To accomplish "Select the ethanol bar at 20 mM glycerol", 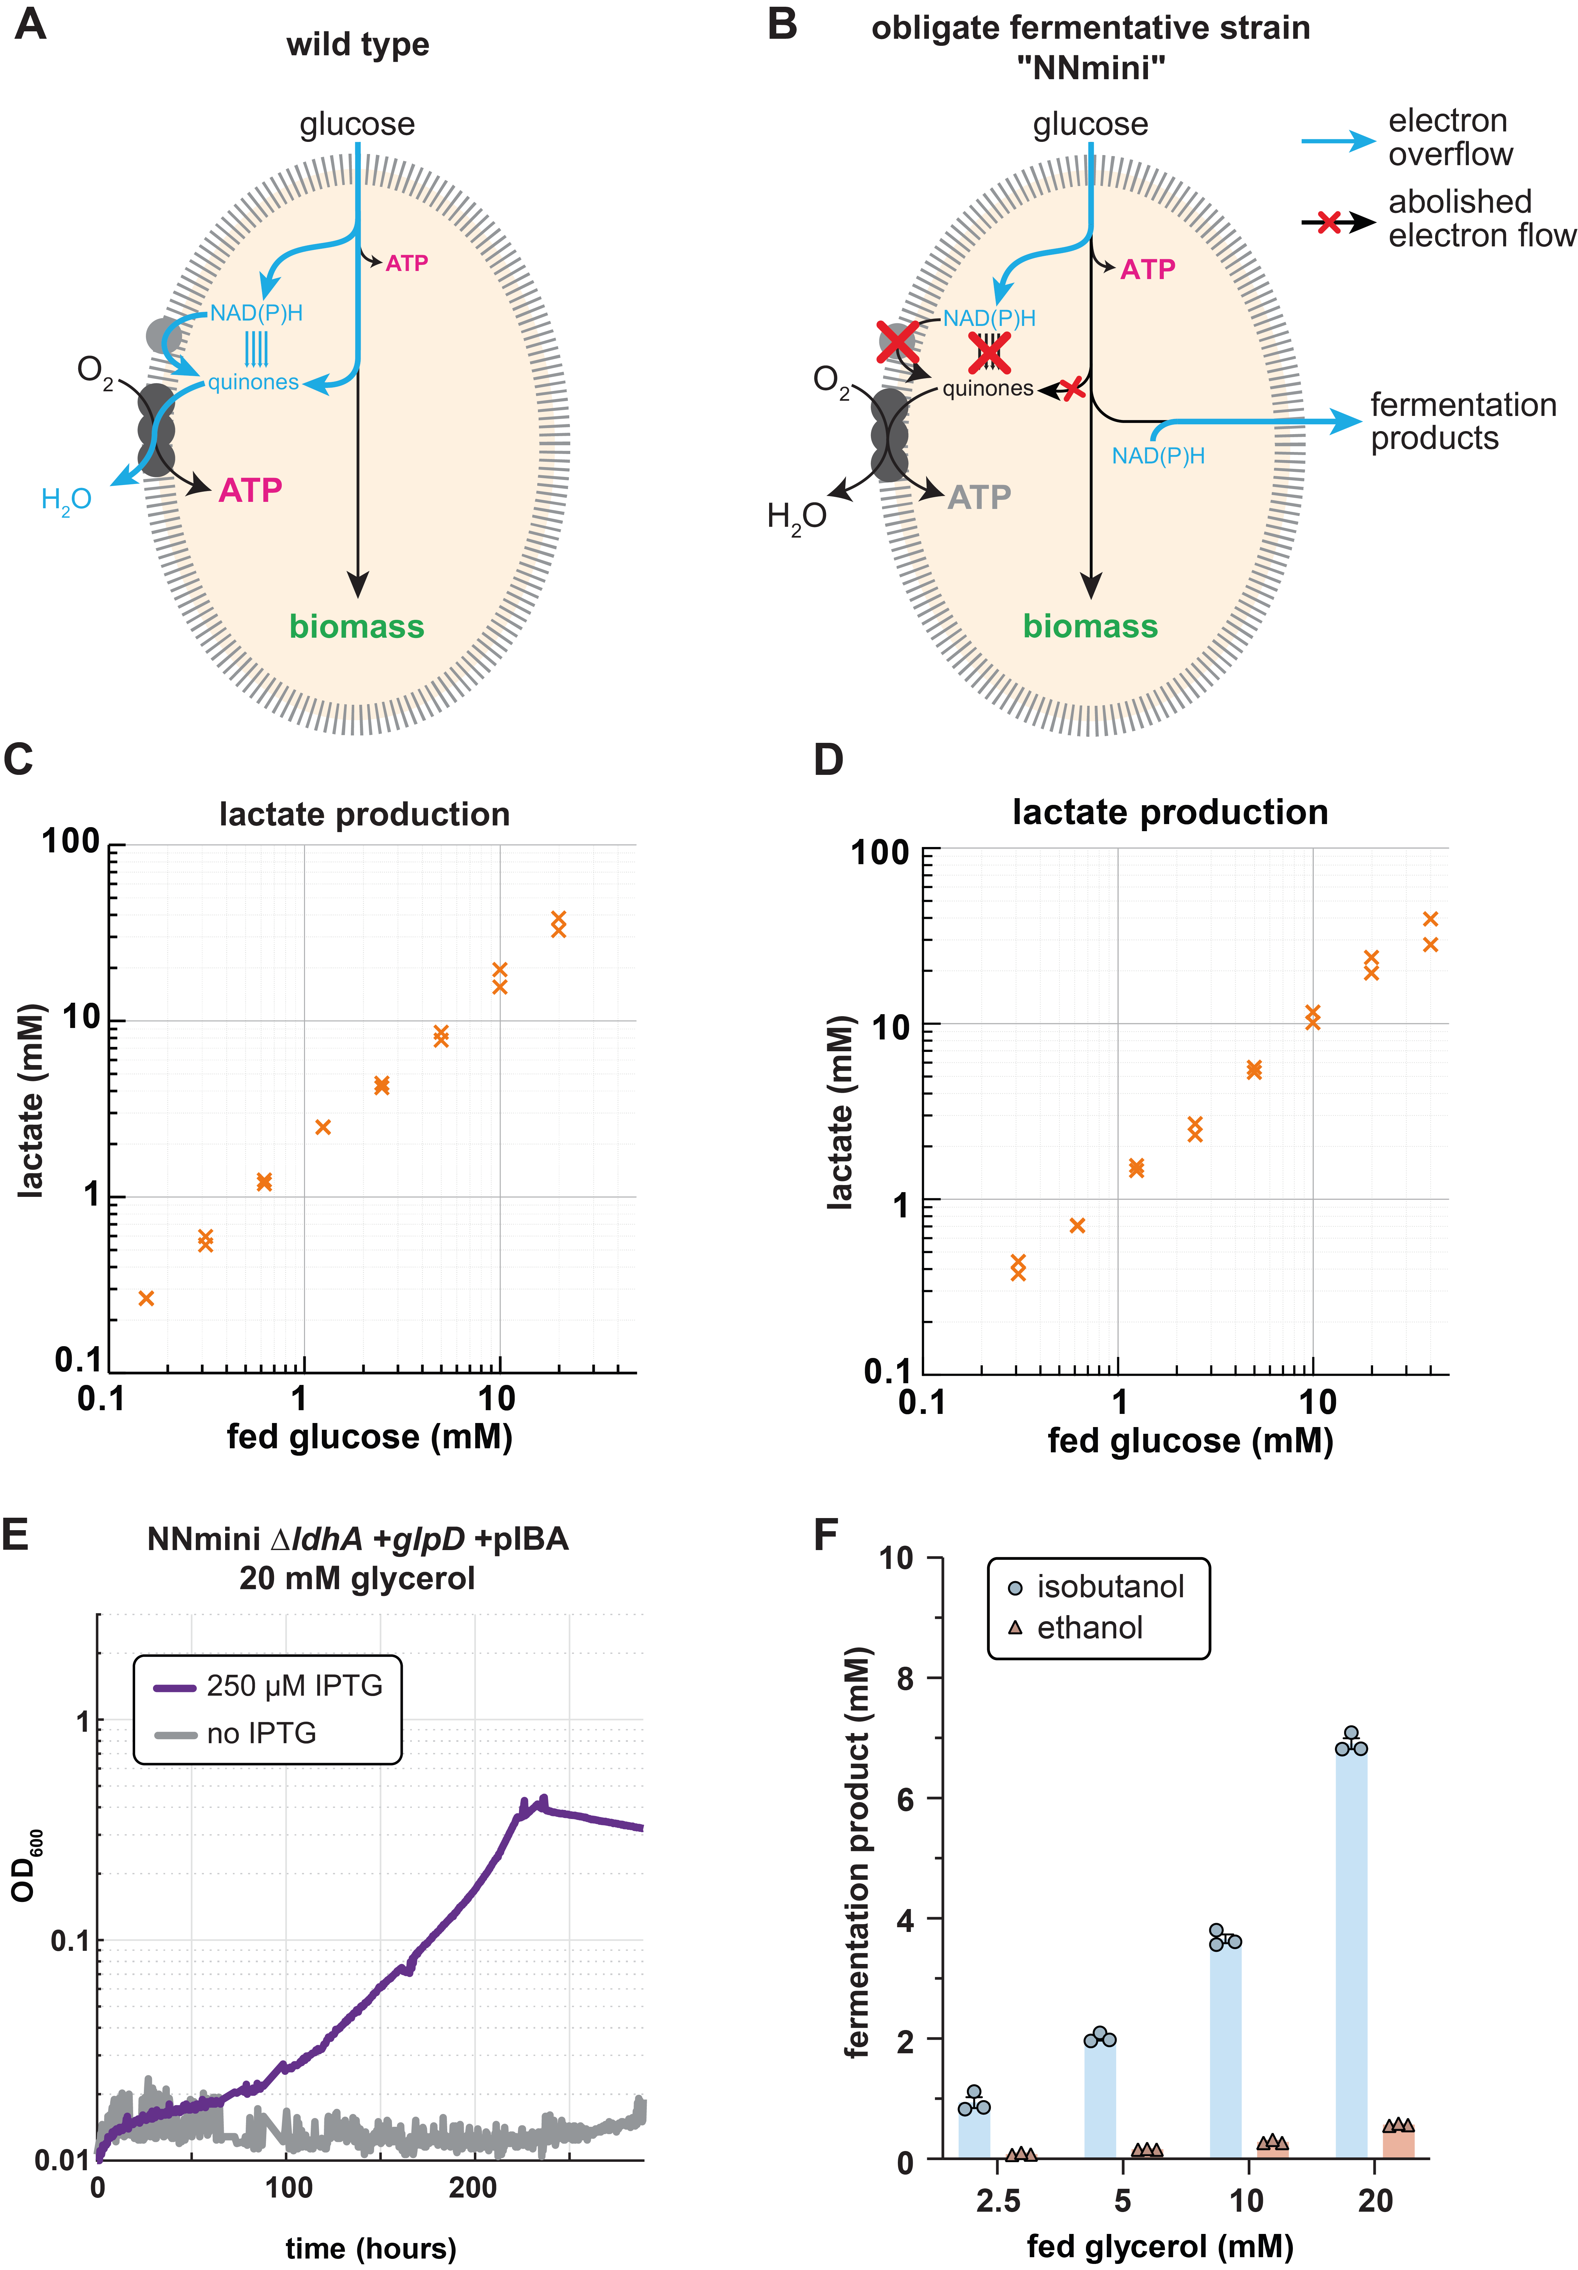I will pos(1398,2143).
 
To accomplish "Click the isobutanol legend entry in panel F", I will pos(1097,1587).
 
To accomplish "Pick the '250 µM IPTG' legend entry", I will pos(269,1686).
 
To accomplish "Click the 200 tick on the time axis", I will pos(473,2188).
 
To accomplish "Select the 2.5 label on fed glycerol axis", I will pos(998,2201).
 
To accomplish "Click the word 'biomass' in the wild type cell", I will pos(357,627).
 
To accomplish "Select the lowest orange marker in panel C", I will pos(146,1298).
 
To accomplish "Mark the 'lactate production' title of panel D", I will pos(1170,813).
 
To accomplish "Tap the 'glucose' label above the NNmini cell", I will pos(1091,125).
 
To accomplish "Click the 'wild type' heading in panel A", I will pos(358,44).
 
